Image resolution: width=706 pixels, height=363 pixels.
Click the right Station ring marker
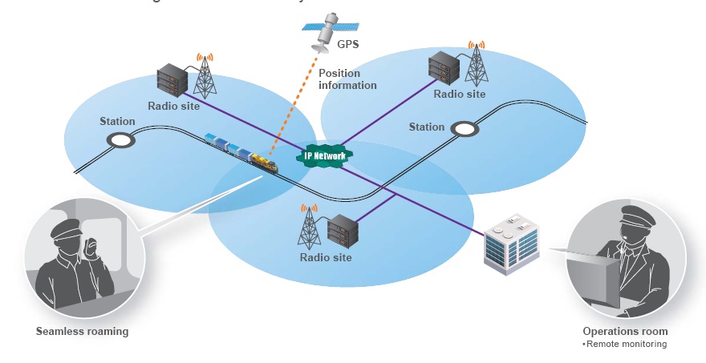464,128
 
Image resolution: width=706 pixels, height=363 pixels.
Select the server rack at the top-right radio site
443,67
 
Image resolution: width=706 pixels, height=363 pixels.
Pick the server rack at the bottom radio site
341,231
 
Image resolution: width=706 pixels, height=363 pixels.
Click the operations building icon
511,244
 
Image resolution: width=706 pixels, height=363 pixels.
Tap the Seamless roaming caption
82,331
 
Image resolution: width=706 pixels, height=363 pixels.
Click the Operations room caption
625,331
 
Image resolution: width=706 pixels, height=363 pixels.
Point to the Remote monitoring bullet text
625,344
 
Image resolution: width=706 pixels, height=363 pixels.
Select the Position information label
347,79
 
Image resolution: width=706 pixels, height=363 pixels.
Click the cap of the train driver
66,229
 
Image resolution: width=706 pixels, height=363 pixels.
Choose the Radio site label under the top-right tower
460,94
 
